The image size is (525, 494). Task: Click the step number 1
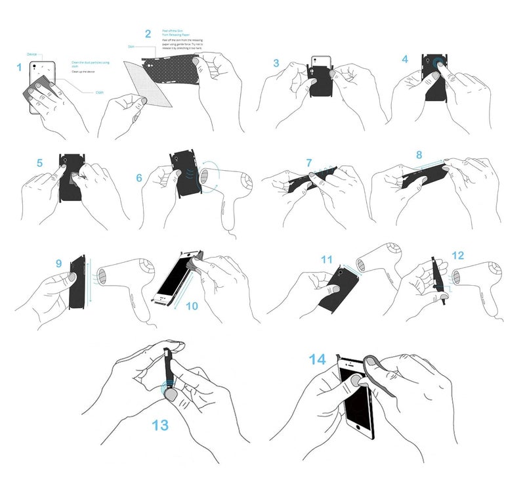(19, 66)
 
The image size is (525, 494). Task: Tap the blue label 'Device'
(31, 54)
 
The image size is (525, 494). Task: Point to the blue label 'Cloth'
(99, 93)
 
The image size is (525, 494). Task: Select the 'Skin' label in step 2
(131, 47)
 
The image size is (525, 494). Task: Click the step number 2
(148, 34)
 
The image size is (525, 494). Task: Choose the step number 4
(405, 58)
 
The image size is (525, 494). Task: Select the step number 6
(139, 178)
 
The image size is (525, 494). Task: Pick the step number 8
(419, 156)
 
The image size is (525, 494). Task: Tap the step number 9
(58, 263)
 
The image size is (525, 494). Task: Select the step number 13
(160, 424)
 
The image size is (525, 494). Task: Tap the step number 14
(317, 359)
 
